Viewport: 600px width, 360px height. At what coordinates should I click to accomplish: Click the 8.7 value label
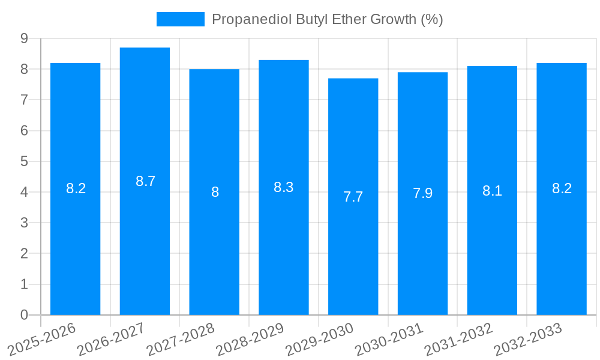(x=145, y=181)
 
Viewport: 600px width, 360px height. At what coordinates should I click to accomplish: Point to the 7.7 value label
(x=353, y=197)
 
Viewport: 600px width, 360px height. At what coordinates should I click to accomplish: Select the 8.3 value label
(x=283, y=187)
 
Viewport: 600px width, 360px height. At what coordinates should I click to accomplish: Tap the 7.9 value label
(x=422, y=193)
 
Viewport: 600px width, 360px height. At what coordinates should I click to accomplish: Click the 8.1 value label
(x=492, y=191)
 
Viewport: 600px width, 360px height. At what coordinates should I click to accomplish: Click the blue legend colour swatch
(x=180, y=19)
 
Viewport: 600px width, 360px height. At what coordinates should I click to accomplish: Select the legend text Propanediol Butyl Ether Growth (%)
(x=327, y=19)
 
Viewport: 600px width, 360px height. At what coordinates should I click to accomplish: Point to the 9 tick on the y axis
(x=24, y=38)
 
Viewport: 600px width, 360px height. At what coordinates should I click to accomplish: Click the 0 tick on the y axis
(x=24, y=315)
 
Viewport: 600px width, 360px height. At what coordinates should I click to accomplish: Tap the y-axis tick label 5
(x=24, y=161)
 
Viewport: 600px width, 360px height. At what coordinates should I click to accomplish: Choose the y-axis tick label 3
(x=24, y=223)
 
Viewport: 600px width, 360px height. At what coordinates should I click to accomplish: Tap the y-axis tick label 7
(x=24, y=100)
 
